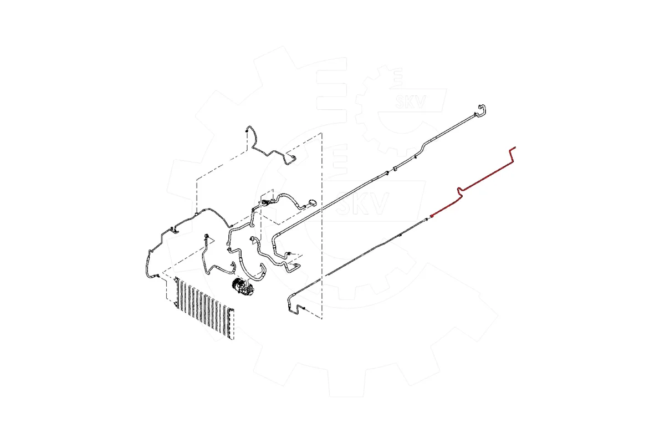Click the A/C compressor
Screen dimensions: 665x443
click(243, 287)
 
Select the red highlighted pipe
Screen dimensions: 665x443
click(473, 181)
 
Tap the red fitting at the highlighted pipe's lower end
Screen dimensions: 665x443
click(431, 215)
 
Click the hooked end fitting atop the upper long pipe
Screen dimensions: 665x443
click(481, 111)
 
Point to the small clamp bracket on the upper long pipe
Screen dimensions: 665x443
click(396, 169)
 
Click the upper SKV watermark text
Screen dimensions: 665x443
click(411, 102)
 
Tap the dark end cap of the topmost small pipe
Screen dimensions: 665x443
click(247, 131)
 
